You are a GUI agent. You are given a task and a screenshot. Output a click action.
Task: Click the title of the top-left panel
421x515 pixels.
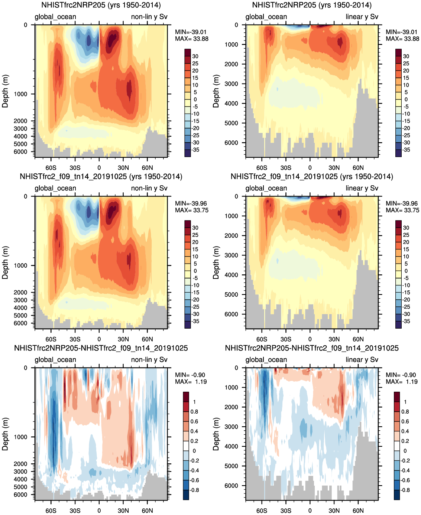click(101, 5)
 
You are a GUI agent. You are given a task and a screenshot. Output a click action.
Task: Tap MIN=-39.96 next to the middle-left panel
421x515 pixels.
click(191, 203)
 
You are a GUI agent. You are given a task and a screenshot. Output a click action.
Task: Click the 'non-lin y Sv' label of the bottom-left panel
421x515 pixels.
click(149, 359)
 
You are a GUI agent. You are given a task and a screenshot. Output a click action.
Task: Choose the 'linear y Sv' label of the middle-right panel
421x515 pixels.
click(362, 188)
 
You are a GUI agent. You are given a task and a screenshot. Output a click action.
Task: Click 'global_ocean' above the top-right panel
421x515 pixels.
click(266, 17)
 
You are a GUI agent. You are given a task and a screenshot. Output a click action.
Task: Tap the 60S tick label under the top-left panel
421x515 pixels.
click(51, 167)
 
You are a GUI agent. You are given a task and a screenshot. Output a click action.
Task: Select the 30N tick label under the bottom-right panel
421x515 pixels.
click(334, 511)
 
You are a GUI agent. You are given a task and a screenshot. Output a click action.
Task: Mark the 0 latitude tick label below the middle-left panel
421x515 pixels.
click(99, 339)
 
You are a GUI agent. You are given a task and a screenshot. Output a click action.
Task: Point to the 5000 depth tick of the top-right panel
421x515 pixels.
click(232, 123)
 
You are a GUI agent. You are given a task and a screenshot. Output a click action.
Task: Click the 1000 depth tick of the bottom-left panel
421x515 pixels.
click(21, 437)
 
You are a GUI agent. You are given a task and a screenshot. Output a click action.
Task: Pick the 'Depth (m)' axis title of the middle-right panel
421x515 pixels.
click(216, 263)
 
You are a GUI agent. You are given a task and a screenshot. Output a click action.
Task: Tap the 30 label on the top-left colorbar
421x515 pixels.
click(195, 56)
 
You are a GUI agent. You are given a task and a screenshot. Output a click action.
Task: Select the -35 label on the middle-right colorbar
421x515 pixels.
click(406, 321)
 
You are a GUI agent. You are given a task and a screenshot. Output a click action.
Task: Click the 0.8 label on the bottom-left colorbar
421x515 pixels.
click(194, 411)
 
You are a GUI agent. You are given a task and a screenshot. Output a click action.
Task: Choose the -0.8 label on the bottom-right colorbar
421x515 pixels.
click(405, 490)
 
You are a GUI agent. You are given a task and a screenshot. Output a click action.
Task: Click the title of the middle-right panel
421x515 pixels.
click(312, 177)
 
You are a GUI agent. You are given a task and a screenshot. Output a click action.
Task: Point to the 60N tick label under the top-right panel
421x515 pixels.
click(358, 167)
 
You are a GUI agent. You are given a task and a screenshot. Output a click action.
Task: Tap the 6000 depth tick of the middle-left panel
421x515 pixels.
click(21, 323)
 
